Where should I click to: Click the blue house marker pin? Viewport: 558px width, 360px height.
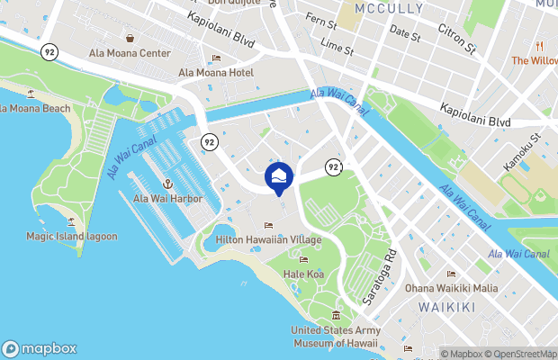279,177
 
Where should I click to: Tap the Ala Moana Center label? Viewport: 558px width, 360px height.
130,53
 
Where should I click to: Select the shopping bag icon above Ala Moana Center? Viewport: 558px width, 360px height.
130,39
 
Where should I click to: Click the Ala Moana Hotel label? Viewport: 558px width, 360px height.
216,72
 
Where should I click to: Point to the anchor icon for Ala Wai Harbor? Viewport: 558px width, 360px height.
167,184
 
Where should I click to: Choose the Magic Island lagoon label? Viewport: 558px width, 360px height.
71,236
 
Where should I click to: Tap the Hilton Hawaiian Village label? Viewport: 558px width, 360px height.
267,240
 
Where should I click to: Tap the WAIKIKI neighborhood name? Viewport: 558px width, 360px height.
447,308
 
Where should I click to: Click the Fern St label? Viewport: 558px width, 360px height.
320,18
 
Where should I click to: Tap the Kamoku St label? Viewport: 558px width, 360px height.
522,148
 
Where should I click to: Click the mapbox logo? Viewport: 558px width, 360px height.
39,348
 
